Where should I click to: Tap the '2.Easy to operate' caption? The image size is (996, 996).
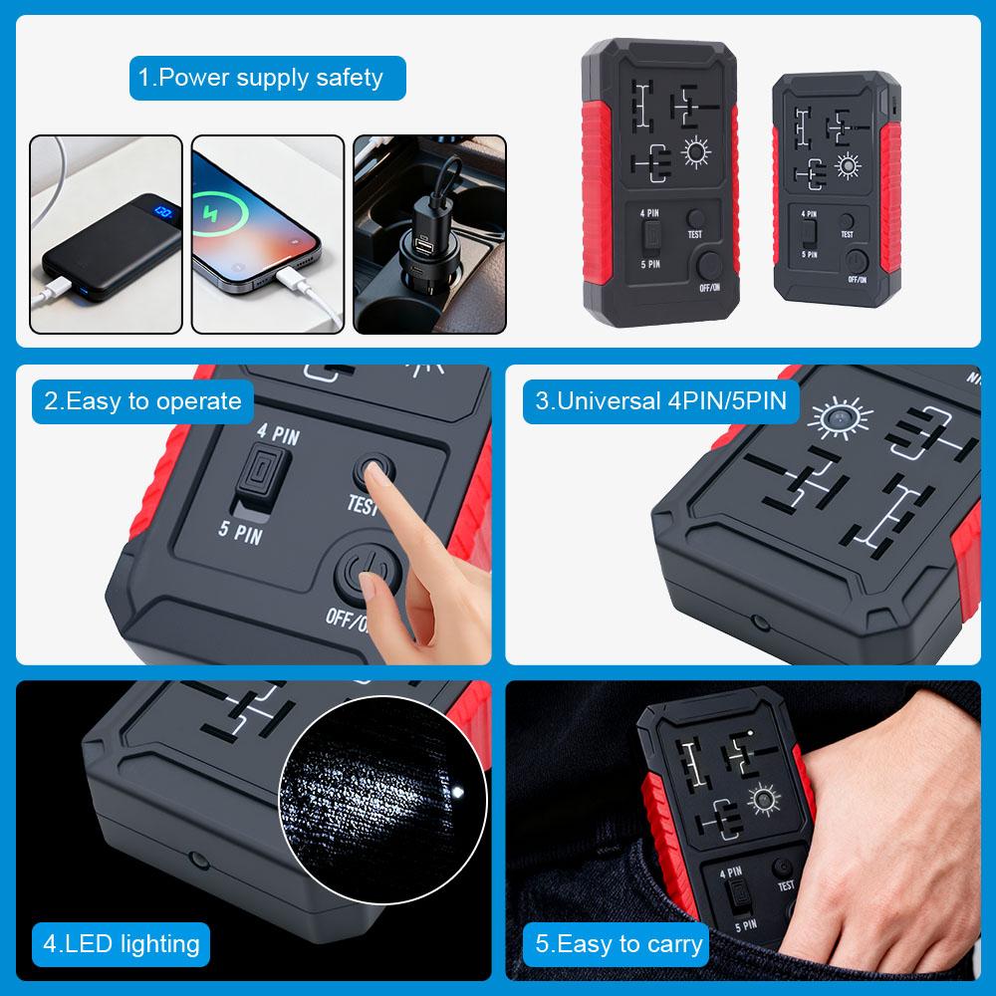pyautogui.click(x=142, y=401)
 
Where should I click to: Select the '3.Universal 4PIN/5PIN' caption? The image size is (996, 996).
pyautogui.click(x=660, y=401)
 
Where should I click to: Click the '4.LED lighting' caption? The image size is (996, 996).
pyautogui.click(x=121, y=943)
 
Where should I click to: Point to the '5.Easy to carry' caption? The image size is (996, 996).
pyautogui.click(x=619, y=943)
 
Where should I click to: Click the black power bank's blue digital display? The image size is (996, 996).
pyautogui.click(x=165, y=212)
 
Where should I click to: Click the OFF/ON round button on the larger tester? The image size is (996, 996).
pyautogui.click(x=709, y=265)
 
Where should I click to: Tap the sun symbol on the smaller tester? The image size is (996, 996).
pyautogui.click(x=848, y=165)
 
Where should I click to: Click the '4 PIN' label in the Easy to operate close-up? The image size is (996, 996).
pyautogui.click(x=277, y=435)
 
